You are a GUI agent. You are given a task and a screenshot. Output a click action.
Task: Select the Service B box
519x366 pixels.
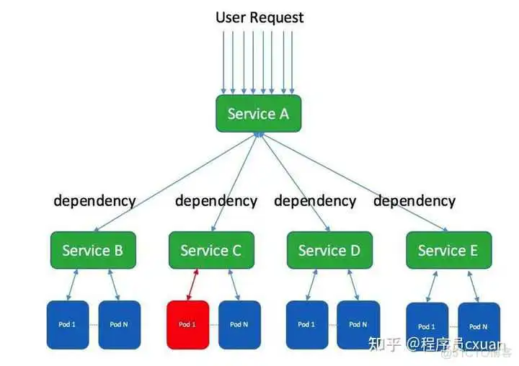click(92, 250)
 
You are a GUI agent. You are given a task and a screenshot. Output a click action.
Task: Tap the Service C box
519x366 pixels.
click(210, 250)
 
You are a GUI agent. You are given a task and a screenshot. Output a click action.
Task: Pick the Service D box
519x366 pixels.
click(329, 250)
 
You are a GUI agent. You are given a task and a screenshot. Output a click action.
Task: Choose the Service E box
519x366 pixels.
click(448, 250)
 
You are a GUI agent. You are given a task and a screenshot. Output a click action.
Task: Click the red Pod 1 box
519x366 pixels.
click(187, 324)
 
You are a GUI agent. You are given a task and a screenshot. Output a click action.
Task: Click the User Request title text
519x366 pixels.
click(259, 17)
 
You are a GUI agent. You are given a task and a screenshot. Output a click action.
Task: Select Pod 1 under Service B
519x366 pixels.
click(68, 324)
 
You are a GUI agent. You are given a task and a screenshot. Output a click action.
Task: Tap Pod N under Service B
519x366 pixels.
click(119, 324)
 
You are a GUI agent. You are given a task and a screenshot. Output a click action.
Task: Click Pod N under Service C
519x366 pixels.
click(239, 324)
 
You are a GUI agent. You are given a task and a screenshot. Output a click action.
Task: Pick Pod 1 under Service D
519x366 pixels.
click(306, 324)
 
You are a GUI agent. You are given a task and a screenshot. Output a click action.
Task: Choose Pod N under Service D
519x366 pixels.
click(358, 324)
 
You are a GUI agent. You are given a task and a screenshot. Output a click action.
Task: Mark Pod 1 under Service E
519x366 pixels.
click(427, 326)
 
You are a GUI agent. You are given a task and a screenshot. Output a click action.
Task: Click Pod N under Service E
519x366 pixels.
click(478, 326)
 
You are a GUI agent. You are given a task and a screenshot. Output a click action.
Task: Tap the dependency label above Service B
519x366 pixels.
click(94, 200)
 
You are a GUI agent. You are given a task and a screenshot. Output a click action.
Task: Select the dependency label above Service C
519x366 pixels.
click(216, 200)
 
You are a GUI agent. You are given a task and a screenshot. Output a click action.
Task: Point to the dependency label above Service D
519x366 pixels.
click(315, 200)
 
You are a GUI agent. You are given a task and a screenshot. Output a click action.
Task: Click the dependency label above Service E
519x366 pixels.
click(414, 200)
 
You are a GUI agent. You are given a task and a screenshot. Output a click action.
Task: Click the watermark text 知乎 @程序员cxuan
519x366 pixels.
click(436, 345)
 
